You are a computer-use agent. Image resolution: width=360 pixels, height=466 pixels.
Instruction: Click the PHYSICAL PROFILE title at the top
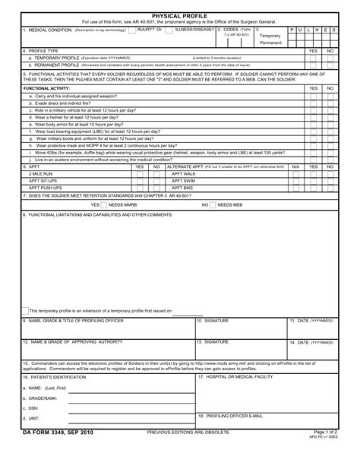[180, 15]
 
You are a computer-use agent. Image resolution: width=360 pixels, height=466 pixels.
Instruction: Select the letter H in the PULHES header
[317, 30]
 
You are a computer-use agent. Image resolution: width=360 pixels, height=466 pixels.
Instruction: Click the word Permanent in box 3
[270, 43]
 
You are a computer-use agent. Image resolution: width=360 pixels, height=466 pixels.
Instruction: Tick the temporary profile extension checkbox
[24, 310]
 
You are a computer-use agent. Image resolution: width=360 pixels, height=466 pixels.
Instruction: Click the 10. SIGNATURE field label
[213, 321]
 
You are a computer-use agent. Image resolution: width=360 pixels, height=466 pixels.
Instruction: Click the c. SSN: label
[33, 408]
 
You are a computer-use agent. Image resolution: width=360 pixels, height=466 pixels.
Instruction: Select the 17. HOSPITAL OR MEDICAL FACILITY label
[235, 377]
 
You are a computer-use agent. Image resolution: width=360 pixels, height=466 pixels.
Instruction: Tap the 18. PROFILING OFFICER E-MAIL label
[230, 416]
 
